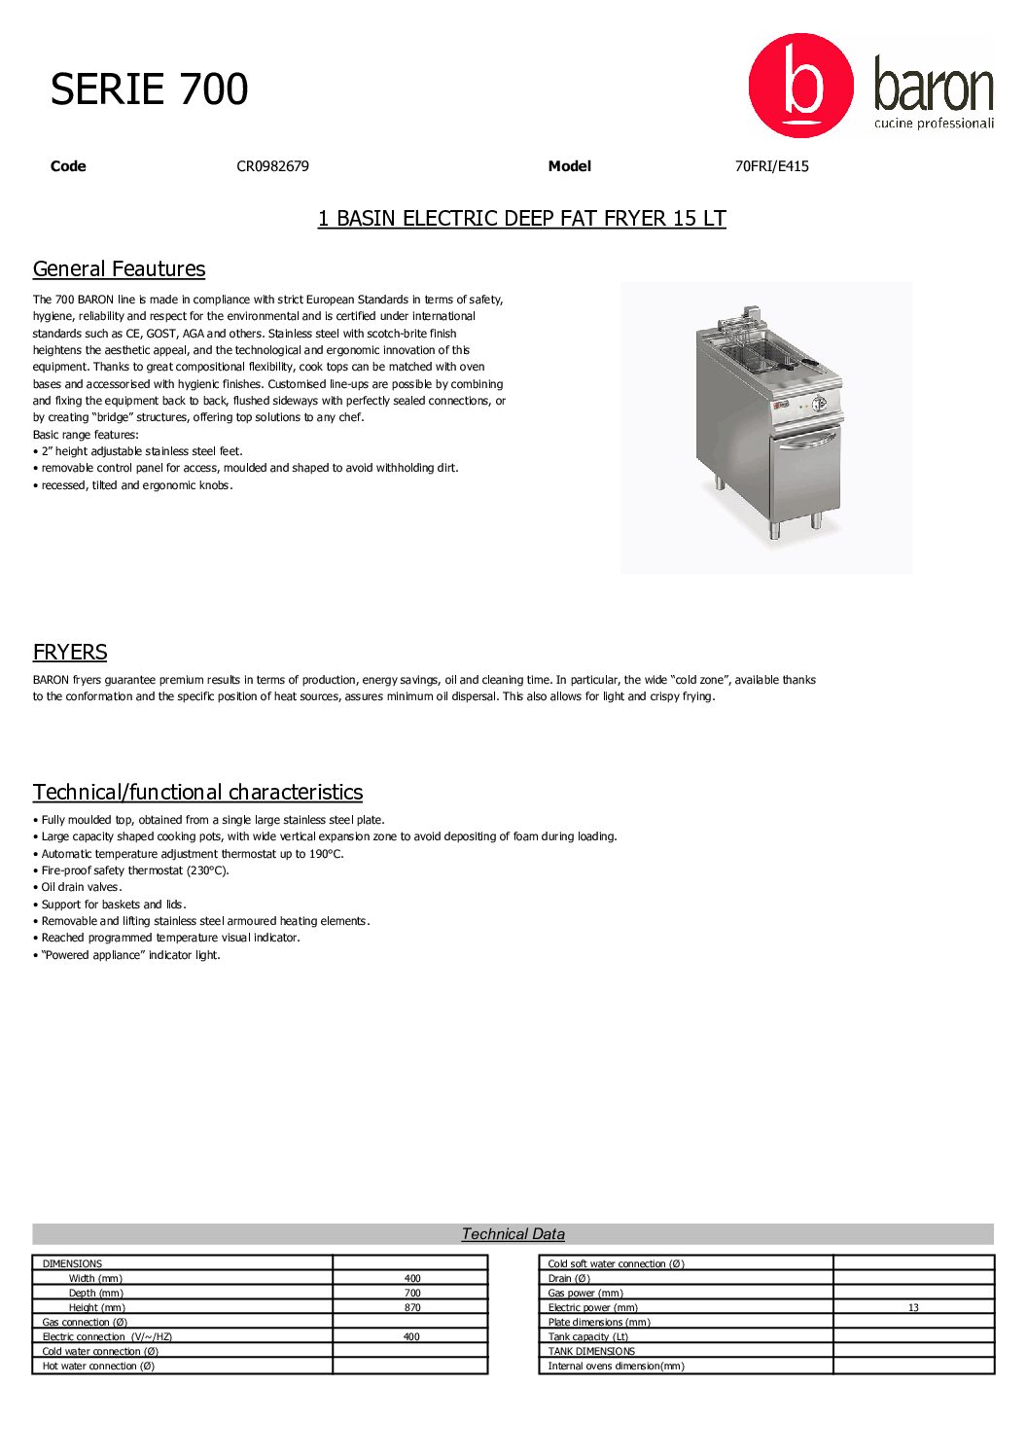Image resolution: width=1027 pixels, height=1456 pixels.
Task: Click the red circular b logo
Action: click(x=800, y=86)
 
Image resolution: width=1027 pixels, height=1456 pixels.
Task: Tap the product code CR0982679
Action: click(x=272, y=166)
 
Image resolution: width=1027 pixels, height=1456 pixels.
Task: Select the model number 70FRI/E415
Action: click(x=771, y=166)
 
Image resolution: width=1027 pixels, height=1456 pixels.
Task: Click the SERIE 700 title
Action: click(x=149, y=89)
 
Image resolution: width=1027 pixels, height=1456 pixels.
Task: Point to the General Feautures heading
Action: click(x=119, y=269)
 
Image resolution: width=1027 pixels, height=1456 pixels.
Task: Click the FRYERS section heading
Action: click(x=70, y=653)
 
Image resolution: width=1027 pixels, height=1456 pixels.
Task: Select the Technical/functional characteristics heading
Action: click(x=197, y=793)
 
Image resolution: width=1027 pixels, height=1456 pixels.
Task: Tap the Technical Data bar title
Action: click(x=513, y=1234)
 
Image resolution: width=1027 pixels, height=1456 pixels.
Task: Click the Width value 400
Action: click(x=412, y=1279)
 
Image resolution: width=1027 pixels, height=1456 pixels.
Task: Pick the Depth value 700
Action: click(x=412, y=1294)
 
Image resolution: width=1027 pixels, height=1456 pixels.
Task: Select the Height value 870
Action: click(x=412, y=1308)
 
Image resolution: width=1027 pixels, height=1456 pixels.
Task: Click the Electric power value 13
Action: click(x=913, y=1308)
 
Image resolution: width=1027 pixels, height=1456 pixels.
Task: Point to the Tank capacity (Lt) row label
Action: click(x=588, y=1337)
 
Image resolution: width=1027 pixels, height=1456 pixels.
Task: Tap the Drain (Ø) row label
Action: click(x=569, y=1279)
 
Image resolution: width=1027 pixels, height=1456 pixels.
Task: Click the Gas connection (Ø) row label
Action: click(x=85, y=1323)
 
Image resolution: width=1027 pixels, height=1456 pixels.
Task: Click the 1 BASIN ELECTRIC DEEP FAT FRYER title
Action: click(x=521, y=219)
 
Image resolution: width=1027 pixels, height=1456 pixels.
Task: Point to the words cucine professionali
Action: click(x=934, y=124)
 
